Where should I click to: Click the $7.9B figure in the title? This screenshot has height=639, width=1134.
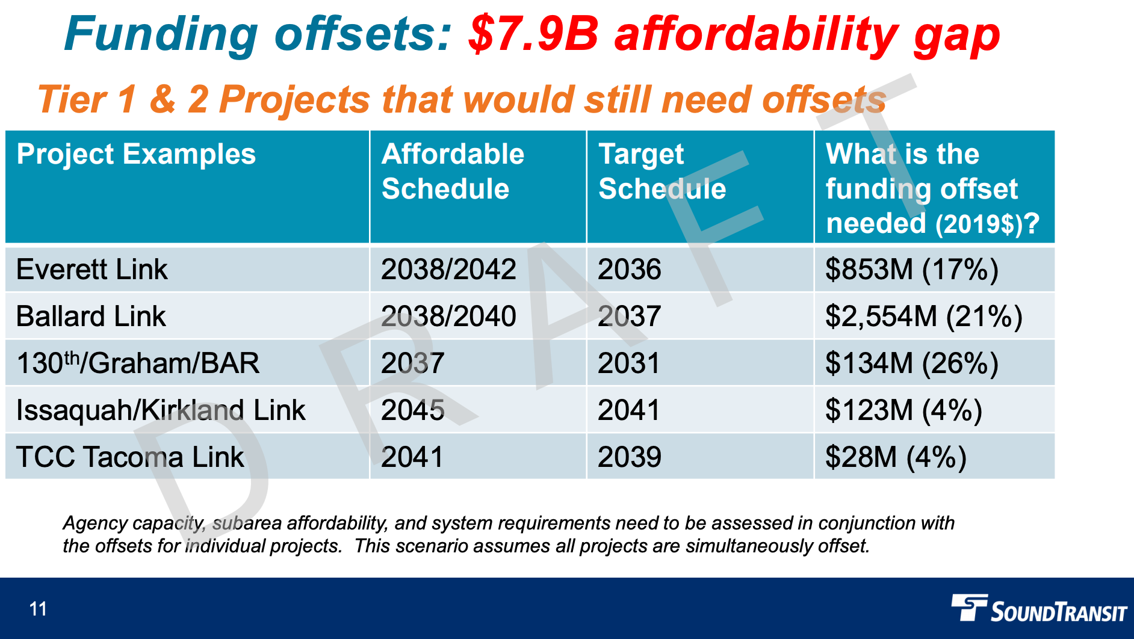click(533, 34)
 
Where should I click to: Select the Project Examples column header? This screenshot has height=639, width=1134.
click(136, 155)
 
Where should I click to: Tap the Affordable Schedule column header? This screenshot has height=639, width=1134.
click(453, 171)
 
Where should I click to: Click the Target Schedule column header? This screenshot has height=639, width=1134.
click(662, 171)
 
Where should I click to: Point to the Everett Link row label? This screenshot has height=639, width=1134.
click(91, 269)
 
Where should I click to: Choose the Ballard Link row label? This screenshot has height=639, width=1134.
click(91, 316)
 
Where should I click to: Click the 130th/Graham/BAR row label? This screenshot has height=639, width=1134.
click(138, 363)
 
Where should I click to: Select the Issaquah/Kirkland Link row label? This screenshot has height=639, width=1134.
click(161, 410)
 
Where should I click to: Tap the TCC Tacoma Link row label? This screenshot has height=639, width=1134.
click(130, 457)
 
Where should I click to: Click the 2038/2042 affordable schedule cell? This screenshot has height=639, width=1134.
click(448, 269)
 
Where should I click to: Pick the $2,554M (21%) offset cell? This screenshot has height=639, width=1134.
click(923, 316)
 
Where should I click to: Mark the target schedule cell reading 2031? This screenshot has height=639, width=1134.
click(629, 363)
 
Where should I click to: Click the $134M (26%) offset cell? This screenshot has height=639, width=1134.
click(911, 363)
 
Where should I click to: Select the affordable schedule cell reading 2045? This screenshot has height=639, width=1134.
click(413, 410)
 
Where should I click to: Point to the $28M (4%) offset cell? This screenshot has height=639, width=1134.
click(896, 457)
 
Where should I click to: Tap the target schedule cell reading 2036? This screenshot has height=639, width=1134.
click(629, 269)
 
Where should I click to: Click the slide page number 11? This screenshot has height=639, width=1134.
click(38, 609)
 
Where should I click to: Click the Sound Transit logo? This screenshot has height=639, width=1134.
click(1038, 609)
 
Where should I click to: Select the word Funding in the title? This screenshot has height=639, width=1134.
click(161, 34)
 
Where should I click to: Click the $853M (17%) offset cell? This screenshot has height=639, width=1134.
click(911, 269)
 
